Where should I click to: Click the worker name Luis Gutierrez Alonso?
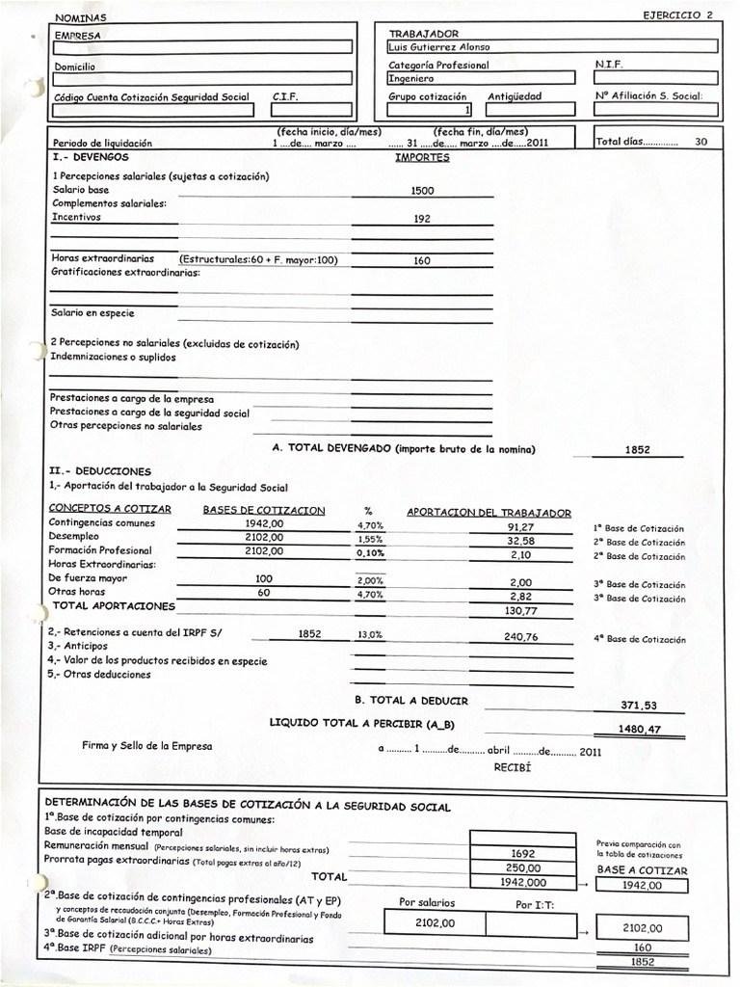click(438, 46)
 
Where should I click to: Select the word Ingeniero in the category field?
click(411, 79)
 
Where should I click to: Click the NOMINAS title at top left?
click(81, 18)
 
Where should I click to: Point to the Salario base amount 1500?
click(422, 191)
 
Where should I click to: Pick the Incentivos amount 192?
click(422, 219)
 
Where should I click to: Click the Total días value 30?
click(700, 142)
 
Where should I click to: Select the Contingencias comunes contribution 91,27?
click(520, 527)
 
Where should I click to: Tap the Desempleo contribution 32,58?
click(520, 542)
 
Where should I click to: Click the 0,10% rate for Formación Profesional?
click(370, 555)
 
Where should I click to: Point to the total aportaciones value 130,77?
click(520, 610)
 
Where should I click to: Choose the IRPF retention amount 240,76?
click(520, 636)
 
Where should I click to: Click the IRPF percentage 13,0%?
click(370, 635)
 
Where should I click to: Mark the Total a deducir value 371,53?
click(641, 707)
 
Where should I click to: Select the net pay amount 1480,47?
click(641, 731)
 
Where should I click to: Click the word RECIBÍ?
click(512, 768)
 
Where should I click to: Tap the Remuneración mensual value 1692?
click(523, 853)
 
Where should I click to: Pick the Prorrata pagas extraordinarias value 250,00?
click(523, 867)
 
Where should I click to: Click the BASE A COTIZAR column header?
click(642, 869)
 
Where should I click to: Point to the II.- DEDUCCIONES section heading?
click(100, 471)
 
